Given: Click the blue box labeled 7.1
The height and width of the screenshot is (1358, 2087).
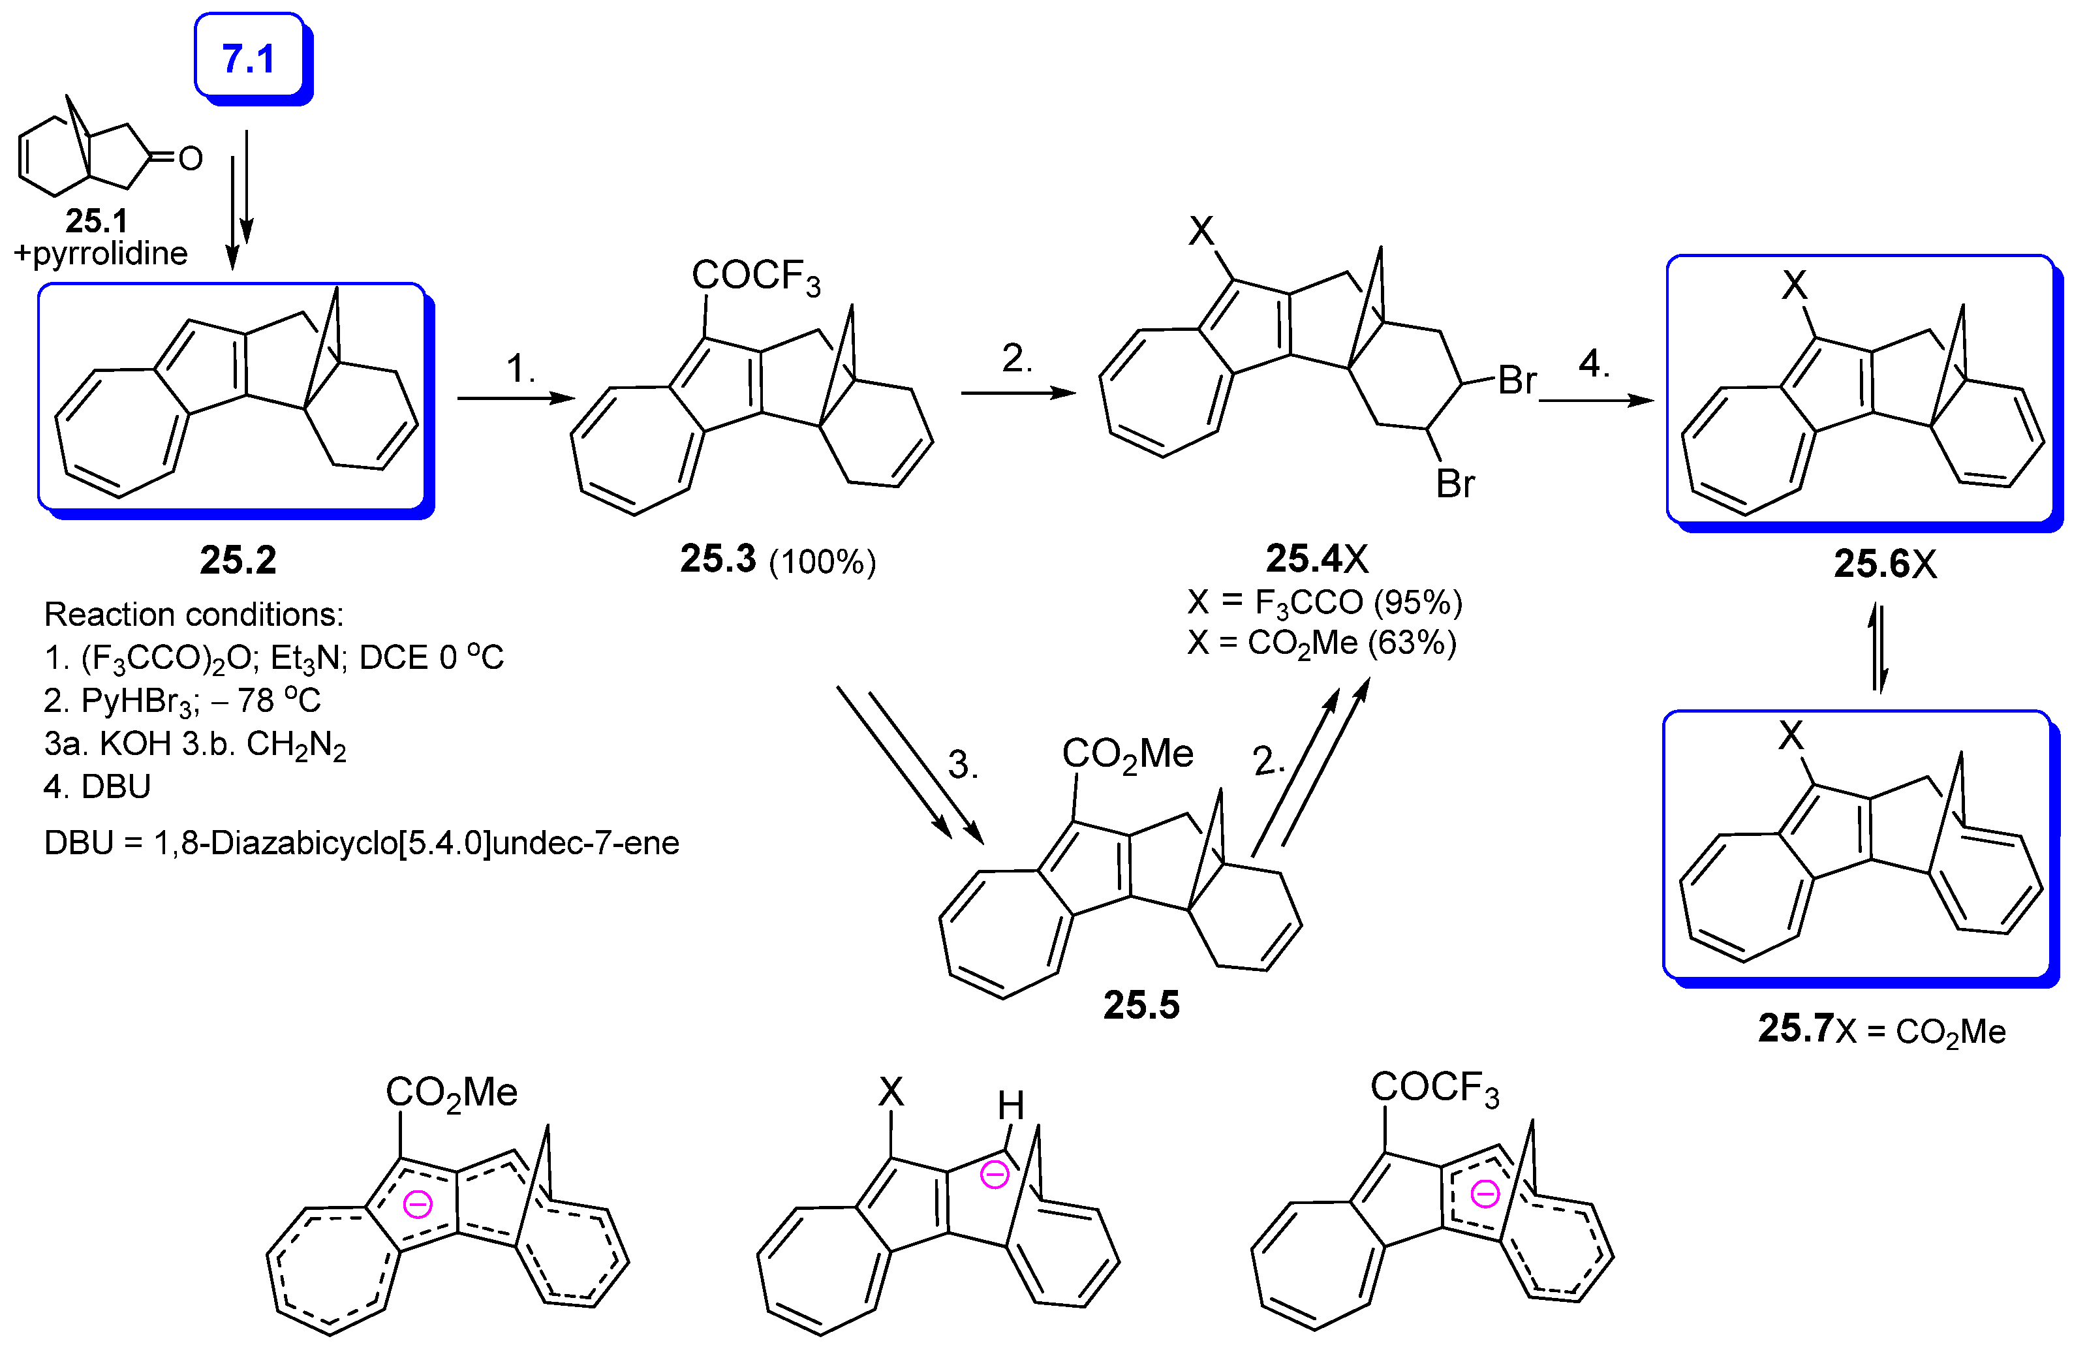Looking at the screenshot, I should click(x=249, y=58).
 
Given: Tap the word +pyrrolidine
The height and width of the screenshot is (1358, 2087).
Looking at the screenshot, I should click(x=101, y=253).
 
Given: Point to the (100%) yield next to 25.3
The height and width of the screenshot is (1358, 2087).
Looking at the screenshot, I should click(x=822, y=562).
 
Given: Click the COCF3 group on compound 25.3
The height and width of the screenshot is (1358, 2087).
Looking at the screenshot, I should click(x=755, y=276).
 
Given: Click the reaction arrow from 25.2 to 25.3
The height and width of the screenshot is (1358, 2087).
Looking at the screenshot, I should click(x=516, y=398).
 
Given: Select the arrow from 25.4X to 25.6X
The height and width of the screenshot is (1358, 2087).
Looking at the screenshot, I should click(x=1596, y=400).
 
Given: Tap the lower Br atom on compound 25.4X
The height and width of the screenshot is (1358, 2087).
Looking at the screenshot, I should click(x=1455, y=483).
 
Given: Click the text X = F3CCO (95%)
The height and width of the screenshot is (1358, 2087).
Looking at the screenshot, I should click(x=1324, y=602).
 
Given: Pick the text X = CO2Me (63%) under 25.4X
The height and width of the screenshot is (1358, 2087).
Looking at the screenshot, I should click(x=1322, y=643).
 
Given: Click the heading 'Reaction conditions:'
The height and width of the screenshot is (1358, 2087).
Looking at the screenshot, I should click(x=194, y=615).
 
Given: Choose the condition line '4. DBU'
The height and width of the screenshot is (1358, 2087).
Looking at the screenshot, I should click(x=97, y=786).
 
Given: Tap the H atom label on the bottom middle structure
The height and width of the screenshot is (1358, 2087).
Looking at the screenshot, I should click(x=1010, y=1105).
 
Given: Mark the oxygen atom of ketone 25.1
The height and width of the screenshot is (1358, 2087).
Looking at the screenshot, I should click(x=191, y=159).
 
